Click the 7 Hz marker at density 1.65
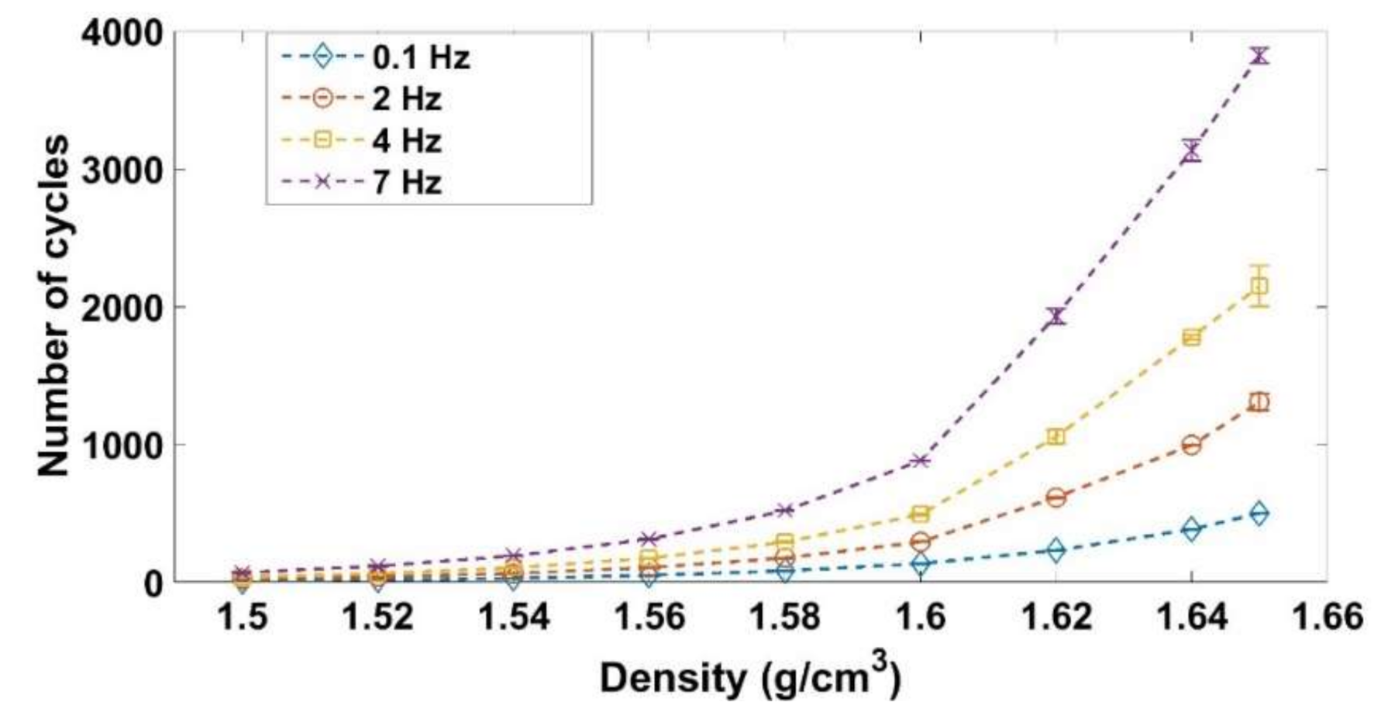(1259, 55)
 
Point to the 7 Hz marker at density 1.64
(1192, 150)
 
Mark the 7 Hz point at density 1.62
(1056, 316)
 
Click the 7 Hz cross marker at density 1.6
(920, 461)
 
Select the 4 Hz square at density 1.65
(1259, 286)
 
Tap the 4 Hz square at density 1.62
(1056, 437)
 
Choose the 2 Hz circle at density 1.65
(1259, 402)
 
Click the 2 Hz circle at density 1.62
(1056, 497)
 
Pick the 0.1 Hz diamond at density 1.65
(1259, 513)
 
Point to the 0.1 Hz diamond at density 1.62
(1056, 550)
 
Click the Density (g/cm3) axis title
(750, 679)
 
